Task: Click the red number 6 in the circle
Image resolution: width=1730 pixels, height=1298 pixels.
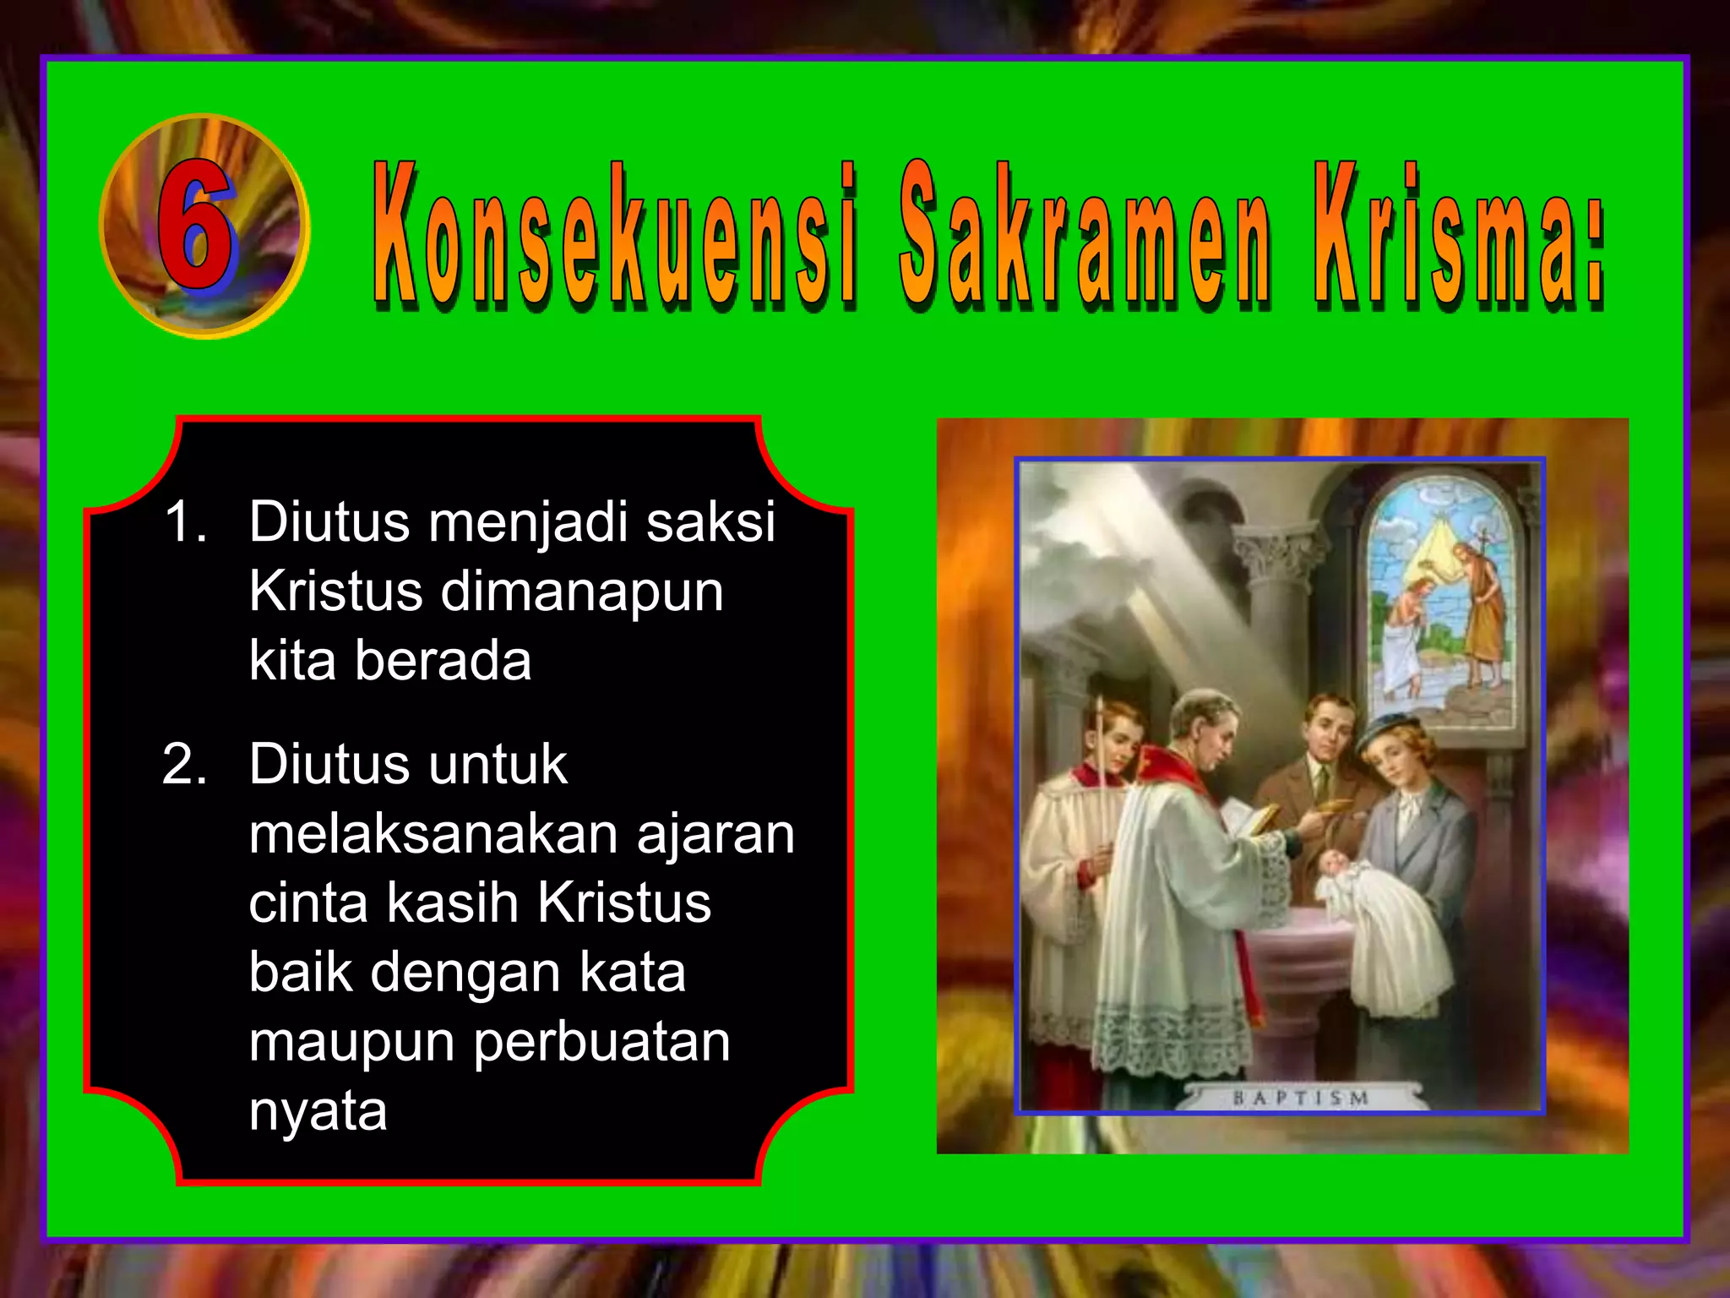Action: (x=196, y=225)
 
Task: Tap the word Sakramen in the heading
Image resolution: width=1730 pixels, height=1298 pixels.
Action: (x=1084, y=233)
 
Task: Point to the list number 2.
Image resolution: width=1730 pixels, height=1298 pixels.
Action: (x=184, y=764)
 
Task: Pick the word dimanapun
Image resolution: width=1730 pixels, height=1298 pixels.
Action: (x=582, y=591)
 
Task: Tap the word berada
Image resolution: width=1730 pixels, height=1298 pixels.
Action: (x=443, y=660)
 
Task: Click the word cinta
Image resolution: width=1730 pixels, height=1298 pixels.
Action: (x=308, y=903)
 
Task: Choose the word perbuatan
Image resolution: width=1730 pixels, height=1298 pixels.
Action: (x=601, y=1042)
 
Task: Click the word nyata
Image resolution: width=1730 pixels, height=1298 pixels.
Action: (x=318, y=1111)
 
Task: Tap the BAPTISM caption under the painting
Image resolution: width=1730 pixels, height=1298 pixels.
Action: (x=1300, y=1099)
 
